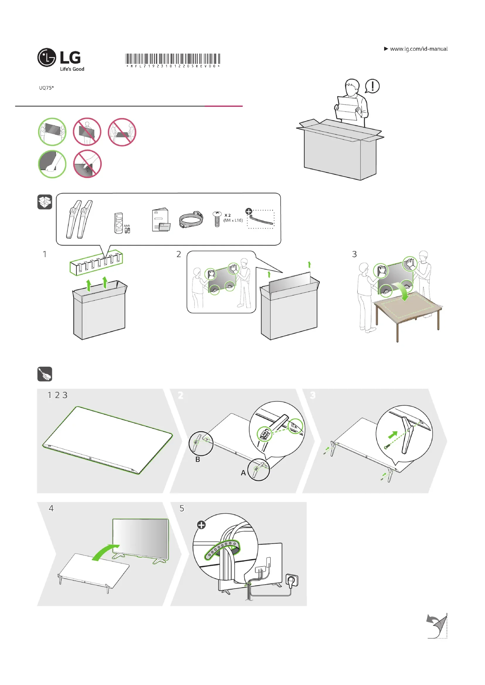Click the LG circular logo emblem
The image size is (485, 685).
[x=47, y=57]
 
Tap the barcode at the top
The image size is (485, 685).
[x=173, y=59]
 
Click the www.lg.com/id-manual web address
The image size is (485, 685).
[x=418, y=49]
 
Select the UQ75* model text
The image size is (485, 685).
[x=46, y=88]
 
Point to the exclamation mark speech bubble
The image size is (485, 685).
[x=372, y=86]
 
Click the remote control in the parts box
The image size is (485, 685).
[x=119, y=223]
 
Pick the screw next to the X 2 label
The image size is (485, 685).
[x=217, y=219]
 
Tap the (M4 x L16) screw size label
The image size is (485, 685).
[x=233, y=221]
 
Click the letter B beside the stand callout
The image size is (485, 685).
[x=198, y=459]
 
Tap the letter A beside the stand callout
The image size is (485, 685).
[x=243, y=473]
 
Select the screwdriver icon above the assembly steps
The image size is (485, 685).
[x=45, y=374]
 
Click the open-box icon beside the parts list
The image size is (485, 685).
[x=45, y=202]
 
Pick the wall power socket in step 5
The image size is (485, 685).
[x=292, y=580]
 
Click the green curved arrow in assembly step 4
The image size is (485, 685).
[x=105, y=552]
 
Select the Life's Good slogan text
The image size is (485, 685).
[x=72, y=69]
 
